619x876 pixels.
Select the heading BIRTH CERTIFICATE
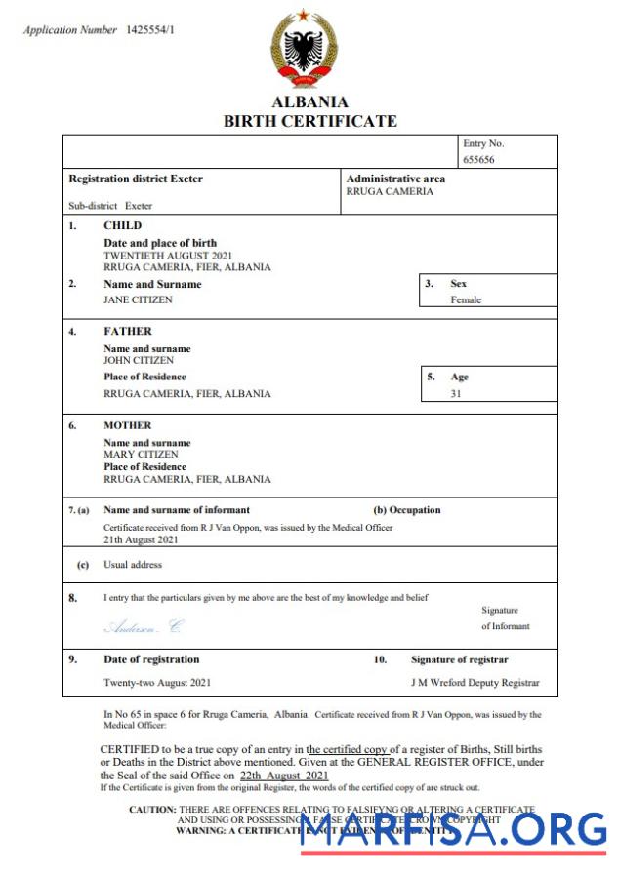point(309,122)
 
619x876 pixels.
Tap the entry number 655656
point(478,159)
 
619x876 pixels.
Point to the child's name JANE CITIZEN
point(138,299)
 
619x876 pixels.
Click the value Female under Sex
point(466,299)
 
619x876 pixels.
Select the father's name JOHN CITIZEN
point(139,360)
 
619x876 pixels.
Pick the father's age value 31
point(456,394)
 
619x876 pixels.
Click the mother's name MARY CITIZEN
point(141,455)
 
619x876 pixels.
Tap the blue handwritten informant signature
point(143,626)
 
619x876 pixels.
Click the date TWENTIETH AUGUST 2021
point(168,255)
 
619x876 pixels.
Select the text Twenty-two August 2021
point(157,683)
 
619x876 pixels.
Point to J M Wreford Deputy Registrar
point(475,683)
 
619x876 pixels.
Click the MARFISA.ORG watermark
point(454,829)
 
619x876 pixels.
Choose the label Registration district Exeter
point(136,179)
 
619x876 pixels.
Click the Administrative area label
point(395,179)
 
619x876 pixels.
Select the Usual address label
point(133,565)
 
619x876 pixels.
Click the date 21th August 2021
point(141,538)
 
